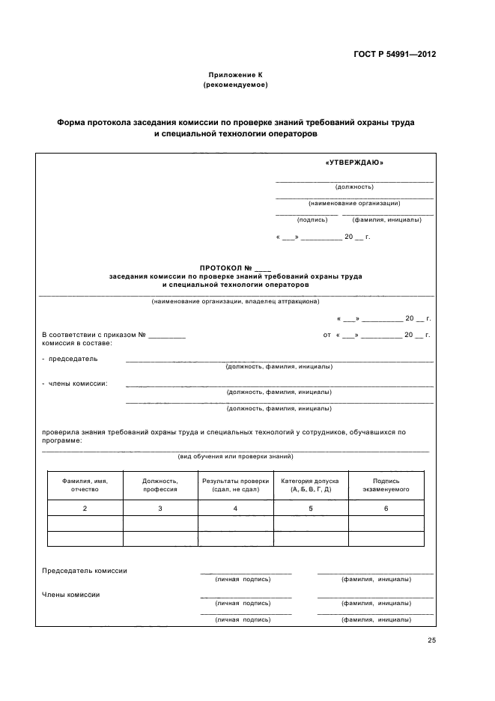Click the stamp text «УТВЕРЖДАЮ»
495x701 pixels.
tap(354, 163)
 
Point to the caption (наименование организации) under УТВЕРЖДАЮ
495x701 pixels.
tap(354, 203)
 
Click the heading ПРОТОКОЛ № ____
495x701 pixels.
tap(235, 268)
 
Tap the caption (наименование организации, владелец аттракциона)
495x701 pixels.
tap(235, 302)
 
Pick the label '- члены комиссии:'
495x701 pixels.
tap(74, 383)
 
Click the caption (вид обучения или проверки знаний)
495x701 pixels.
tap(235, 456)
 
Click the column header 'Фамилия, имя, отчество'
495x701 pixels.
tap(85, 485)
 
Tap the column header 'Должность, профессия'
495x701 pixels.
tap(160, 485)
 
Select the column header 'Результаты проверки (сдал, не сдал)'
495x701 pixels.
tap(235, 485)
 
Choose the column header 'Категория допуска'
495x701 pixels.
tap(310, 481)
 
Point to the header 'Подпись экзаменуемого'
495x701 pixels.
tap(386, 485)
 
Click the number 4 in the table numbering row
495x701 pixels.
tap(235, 509)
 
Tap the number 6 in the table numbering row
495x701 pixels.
tap(386, 509)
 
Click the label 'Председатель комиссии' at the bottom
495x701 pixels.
tap(85, 571)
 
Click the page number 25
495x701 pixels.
tap(431, 640)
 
